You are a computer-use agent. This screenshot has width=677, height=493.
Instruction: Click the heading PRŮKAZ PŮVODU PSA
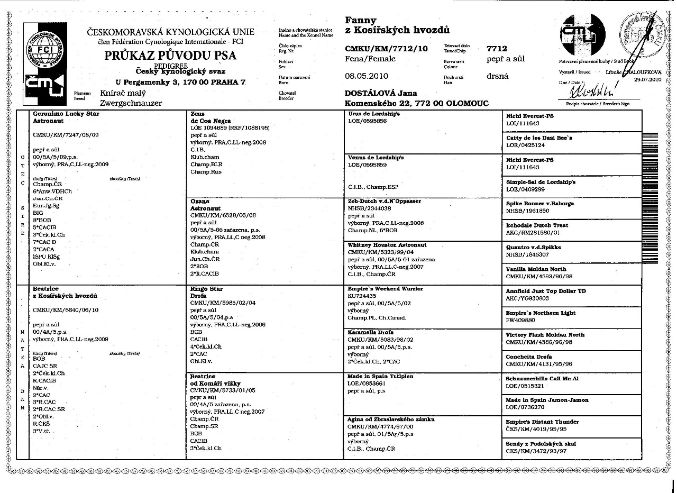tap(170, 55)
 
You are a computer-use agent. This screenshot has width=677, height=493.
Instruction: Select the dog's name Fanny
tap(361, 20)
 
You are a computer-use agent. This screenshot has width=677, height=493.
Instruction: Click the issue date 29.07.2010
tap(647, 79)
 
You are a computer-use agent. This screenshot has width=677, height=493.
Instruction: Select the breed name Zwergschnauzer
tap(135, 103)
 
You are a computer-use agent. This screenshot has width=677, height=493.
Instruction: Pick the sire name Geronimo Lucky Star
tap(66, 114)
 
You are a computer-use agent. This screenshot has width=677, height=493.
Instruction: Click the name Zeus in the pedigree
tap(197, 114)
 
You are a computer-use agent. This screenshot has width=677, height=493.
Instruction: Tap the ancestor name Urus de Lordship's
tap(374, 114)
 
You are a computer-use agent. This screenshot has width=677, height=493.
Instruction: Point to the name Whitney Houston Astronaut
tap(387, 245)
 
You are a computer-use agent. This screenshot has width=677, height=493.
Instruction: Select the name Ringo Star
tap(206, 289)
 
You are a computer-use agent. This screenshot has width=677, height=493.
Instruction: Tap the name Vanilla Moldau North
tap(536, 269)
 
